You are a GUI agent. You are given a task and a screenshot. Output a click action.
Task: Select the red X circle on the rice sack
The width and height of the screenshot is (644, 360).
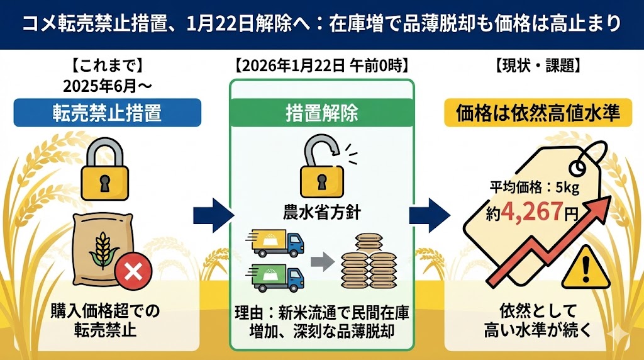[133, 272]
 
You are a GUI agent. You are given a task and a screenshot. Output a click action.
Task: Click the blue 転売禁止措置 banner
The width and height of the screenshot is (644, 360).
[107, 113]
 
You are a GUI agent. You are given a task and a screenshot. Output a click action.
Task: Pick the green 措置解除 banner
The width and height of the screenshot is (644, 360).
[321, 113]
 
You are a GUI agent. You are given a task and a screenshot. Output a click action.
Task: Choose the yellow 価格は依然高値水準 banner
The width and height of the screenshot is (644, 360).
[537, 113]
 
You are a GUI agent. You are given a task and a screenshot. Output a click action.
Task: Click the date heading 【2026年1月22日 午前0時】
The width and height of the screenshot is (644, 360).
[321, 65]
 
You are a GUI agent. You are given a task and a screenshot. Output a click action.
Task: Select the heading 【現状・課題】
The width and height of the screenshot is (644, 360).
[537, 65]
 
